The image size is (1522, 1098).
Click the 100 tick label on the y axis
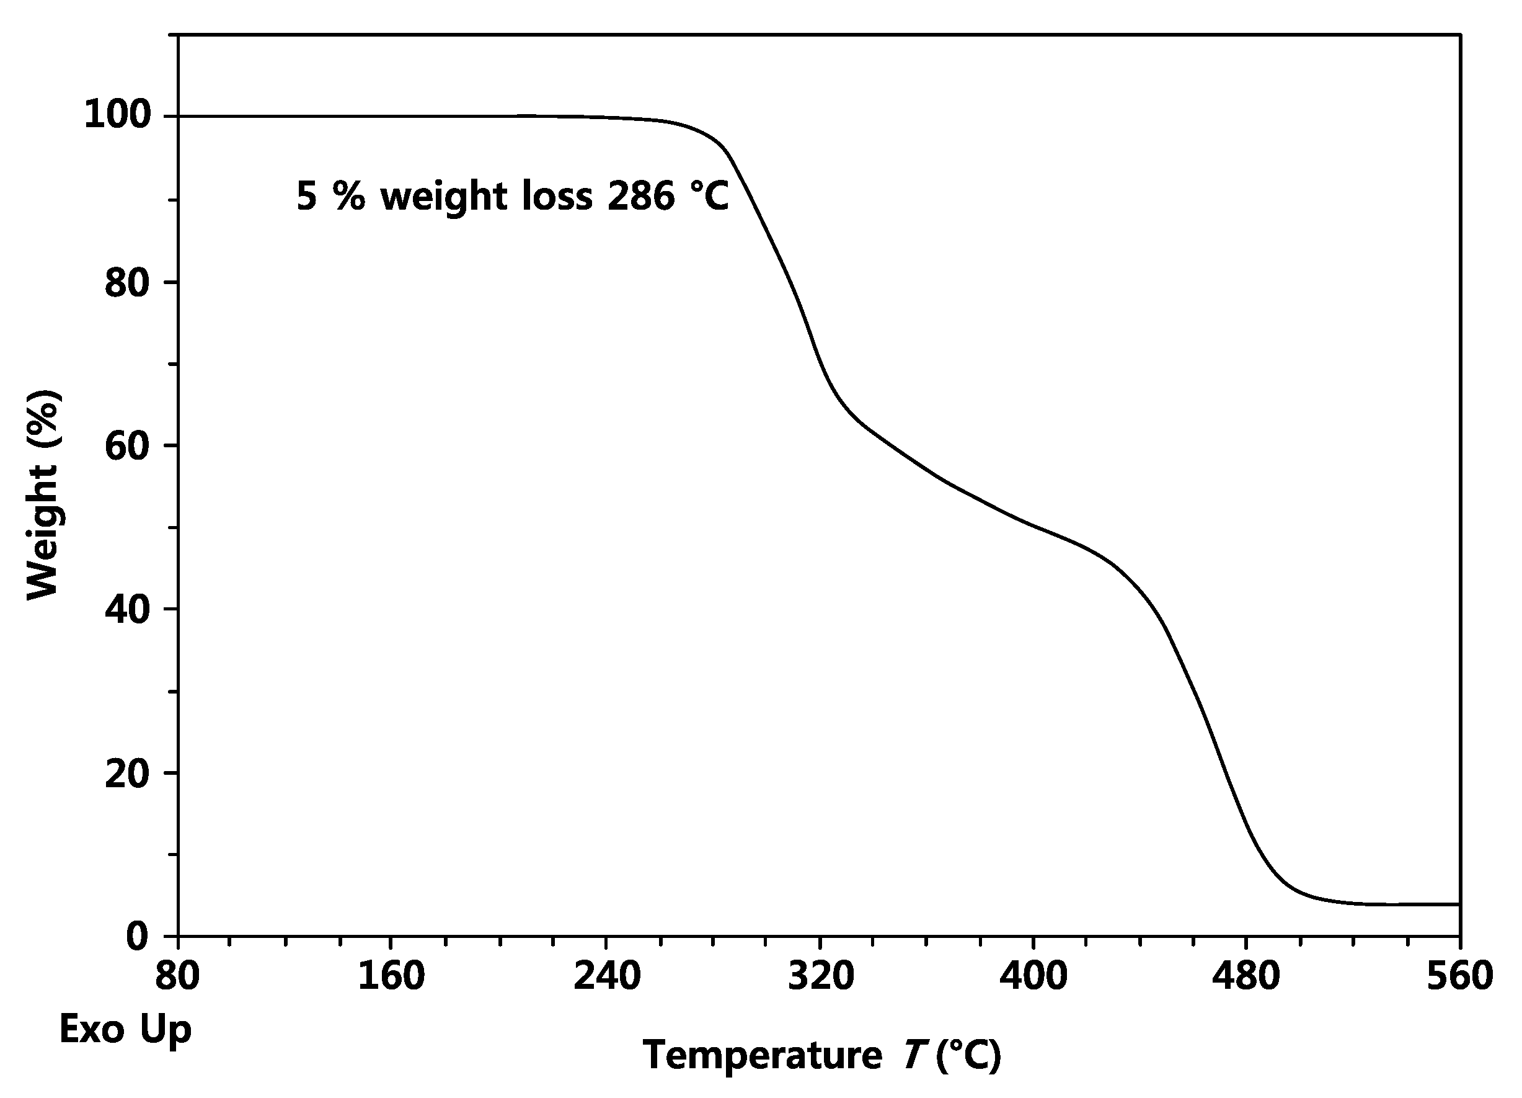click(117, 115)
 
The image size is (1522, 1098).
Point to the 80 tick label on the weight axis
click(128, 283)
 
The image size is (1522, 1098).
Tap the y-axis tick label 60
click(128, 446)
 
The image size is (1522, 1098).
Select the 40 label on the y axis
click(128, 610)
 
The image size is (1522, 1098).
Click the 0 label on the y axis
click(138, 935)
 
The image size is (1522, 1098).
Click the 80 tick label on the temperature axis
click(178, 976)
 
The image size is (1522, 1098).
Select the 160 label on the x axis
click(391, 976)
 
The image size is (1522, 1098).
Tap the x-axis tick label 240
click(607, 976)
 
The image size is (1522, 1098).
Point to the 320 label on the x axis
click(821, 976)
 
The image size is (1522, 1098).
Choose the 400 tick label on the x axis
click(1033, 976)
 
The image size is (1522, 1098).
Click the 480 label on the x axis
click(1246, 976)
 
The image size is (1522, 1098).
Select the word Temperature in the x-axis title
click(763, 1055)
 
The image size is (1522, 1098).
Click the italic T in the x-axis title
click(914, 1055)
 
